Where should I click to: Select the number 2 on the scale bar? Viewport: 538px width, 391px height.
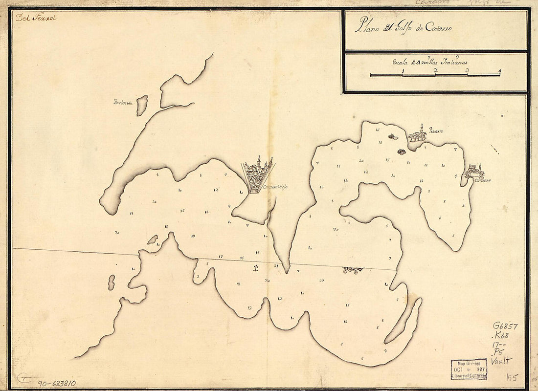(435, 71)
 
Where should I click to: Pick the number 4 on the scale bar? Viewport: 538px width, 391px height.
(499, 71)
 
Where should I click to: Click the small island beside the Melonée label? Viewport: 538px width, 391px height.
(142, 105)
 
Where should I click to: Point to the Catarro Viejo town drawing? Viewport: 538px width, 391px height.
(258, 174)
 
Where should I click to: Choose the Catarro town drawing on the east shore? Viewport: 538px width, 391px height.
(474, 171)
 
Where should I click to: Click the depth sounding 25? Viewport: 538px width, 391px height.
(182, 211)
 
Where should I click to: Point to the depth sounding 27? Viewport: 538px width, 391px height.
(321, 280)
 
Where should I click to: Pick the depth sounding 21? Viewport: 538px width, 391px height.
(276, 266)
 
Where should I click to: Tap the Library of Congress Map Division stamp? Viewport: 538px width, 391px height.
(469, 369)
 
